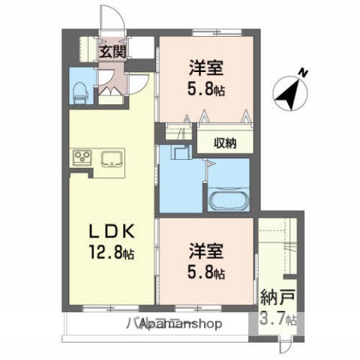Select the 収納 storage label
[x=225, y=143]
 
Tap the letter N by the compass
[x=304, y=73]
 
